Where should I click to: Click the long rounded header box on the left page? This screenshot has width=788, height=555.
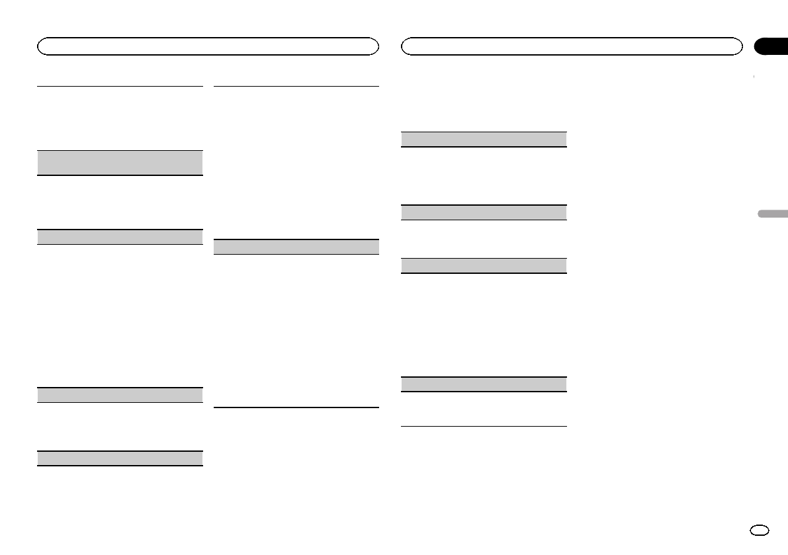pyautogui.click(x=208, y=46)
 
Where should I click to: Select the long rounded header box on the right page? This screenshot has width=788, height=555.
pyautogui.click(x=572, y=46)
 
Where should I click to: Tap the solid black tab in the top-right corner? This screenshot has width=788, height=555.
pyautogui.click(x=771, y=46)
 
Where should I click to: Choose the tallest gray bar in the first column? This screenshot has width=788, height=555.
pyautogui.click(x=120, y=162)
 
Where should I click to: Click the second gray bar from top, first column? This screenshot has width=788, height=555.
pyautogui.click(x=120, y=237)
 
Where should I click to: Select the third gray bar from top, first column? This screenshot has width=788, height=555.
pyautogui.click(x=120, y=395)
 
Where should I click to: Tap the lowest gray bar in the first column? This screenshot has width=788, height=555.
pyautogui.click(x=120, y=458)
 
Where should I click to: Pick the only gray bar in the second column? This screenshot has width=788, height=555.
pyautogui.click(x=296, y=247)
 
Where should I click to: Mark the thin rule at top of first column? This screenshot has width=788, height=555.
pyautogui.click(x=120, y=85)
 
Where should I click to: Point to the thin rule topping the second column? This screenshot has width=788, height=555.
pyautogui.click(x=296, y=86)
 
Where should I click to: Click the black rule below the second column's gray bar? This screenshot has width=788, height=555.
pyautogui.click(x=296, y=407)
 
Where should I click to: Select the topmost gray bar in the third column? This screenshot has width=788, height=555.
pyautogui.click(x=484, y=139)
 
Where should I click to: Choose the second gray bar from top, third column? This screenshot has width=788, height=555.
pyautogui.click(x=484, y=212)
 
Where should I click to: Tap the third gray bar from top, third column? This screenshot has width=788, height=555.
pyautogui.click(x=484, y=265)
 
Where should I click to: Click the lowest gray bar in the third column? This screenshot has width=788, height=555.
pyautogui.click(x=484, y=384)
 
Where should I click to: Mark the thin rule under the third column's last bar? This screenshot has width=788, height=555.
pyautogui.click(x=484, y=426)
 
